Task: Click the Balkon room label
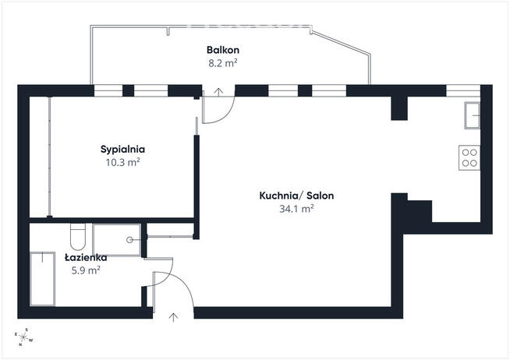click(x=223, y=50)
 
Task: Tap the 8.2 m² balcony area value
click(x=223, y=62)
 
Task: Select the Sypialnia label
click(x=122, y=150)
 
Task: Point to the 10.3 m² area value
click(x=122, y=162)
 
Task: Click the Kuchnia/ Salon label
click(x=296, y=196)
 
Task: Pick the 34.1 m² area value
click(x=296, y=209)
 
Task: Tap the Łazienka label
click(x=86, y=257)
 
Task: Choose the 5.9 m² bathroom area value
click(x=86, y=270)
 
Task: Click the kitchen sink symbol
click(x=473, y=115)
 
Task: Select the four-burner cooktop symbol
click(x=469, y=157)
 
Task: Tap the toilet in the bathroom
click(x=78, y=236)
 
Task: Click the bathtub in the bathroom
click(x=42, y=279)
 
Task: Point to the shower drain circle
click(x=129, y=240)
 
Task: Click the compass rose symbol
click(x=23, y=337)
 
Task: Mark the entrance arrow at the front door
click(x=173, y=317)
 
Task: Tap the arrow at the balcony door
click(x=218, y=92)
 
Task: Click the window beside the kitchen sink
click(x=463, y=90)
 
